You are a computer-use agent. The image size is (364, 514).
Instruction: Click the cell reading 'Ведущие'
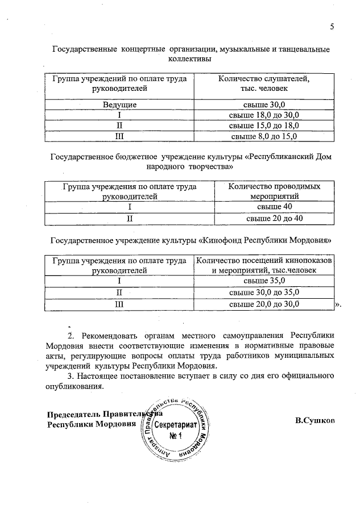[x=119, y=105]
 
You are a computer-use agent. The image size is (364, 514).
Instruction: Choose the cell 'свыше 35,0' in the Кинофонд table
[x=264, y=281]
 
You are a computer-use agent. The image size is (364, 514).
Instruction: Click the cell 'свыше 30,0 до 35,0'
[x=264, y=292]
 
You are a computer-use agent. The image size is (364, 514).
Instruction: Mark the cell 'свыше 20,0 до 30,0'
[x=264, y=304]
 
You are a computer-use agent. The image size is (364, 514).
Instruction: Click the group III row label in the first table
[x=119, y=136]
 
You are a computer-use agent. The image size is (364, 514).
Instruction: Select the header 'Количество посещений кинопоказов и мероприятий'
[x=264, y=265]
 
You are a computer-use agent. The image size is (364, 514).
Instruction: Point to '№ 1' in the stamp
[x=175, y=436]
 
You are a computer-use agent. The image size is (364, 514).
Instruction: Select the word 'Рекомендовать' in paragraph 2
[x=114, y=335]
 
